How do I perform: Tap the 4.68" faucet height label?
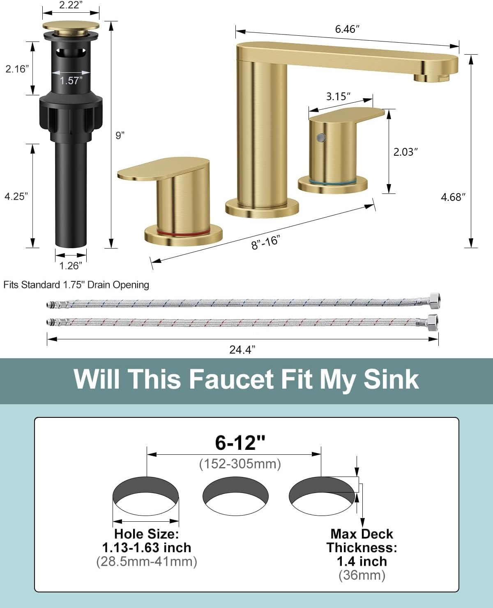(x=453, y=197)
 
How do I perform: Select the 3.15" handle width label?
(x=338, y=97)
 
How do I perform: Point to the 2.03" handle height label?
(x=405, y=152)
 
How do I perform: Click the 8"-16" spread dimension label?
(x=265, y=242)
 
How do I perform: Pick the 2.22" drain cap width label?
(x=71, y=5)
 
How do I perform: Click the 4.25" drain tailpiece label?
(x=16, y=196)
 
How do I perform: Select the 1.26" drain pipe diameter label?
(x=71, y=266)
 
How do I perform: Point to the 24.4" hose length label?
(x=242, y=350)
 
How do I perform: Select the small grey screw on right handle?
(x=321, y=137)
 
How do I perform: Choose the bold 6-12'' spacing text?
(x=240, y=443)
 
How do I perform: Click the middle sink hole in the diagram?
(x=235, y=496)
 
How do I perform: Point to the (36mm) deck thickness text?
(x=362, y=575)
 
